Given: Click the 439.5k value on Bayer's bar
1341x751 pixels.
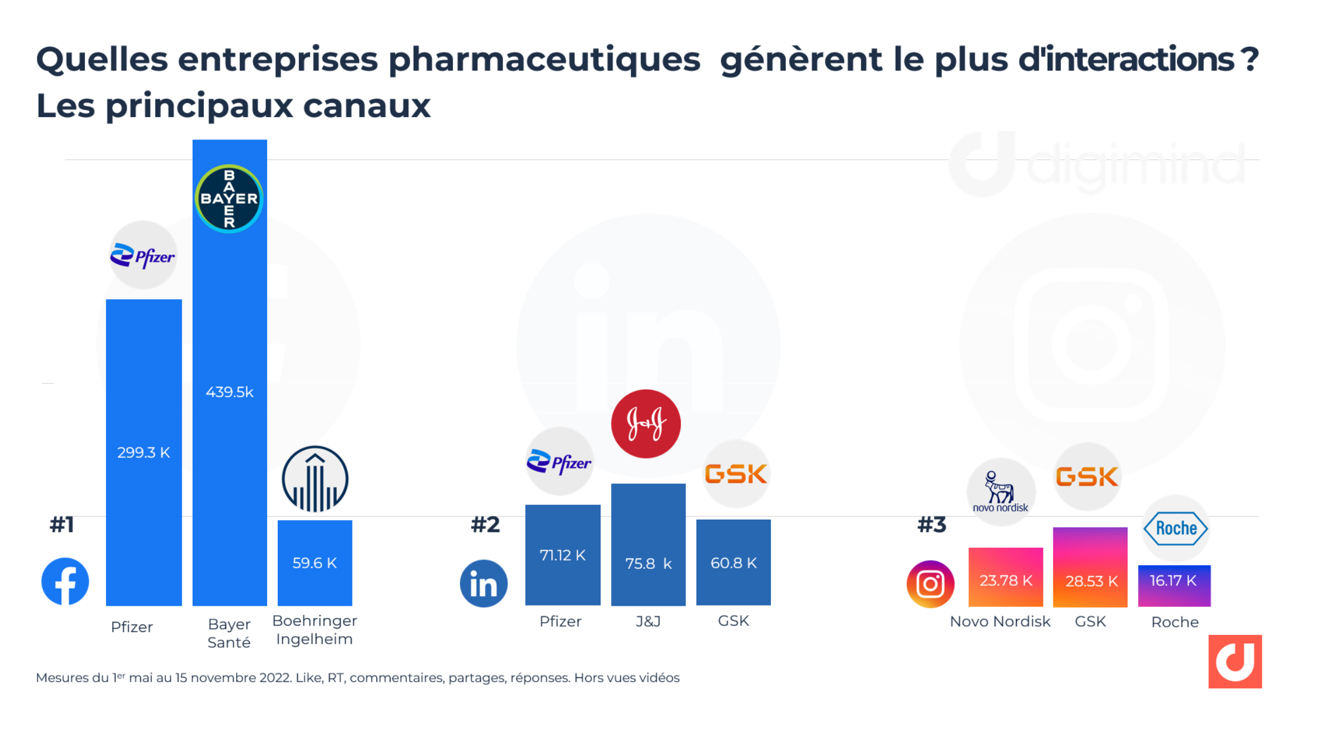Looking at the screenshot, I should pyautogui.click(x=229, y=392).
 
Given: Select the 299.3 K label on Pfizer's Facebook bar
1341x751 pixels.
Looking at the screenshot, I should pyautogui.click(x=144, y=452).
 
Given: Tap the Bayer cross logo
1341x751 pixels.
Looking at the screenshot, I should pyautogui.click(x=229, y=199).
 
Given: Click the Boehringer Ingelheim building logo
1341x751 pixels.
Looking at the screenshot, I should pyautogui.click(x=315, y=479).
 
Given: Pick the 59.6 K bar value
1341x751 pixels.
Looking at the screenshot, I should pyautogui.click(x=315, y=563).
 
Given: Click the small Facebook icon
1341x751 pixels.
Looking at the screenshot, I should pyautogui.click(x=65, y=581).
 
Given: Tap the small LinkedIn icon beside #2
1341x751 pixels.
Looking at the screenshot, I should pyautogui.click(x=483, y=583).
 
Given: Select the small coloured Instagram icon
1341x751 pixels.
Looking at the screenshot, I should pyautogui.click(x=930, y=584).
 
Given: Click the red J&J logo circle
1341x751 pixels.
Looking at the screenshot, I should pyautogui.click(x=646, y=424).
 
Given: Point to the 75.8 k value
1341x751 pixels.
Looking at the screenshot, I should pyautogui.click(x=648, y=564).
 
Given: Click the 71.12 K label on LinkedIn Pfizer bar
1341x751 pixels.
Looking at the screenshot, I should pyautogui.click(x=562, y=555).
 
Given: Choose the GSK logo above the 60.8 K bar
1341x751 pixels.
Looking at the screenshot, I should pyautogui.click(x=735, y=474).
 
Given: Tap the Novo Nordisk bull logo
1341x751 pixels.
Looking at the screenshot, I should pyautogui.click(x=1000, y=491).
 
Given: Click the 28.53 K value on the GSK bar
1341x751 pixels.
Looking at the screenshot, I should pyautogui.click(x=1091, y=581).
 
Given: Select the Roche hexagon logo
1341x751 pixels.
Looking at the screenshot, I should pyautogui.click(x=1175, y=528).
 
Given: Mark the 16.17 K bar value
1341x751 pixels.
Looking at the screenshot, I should pyautogui.click(x=1173, y=581).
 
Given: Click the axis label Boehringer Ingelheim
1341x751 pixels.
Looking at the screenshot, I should pyautogui.click(x=315, y=630).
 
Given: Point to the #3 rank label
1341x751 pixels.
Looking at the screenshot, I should pyautogui.click(x=931, y=525).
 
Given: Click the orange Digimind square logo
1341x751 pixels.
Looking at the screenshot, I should pyautogui.click(x=1234, y=661).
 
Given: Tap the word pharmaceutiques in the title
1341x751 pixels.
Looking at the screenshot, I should pyautogui.click(x=544, y=60).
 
